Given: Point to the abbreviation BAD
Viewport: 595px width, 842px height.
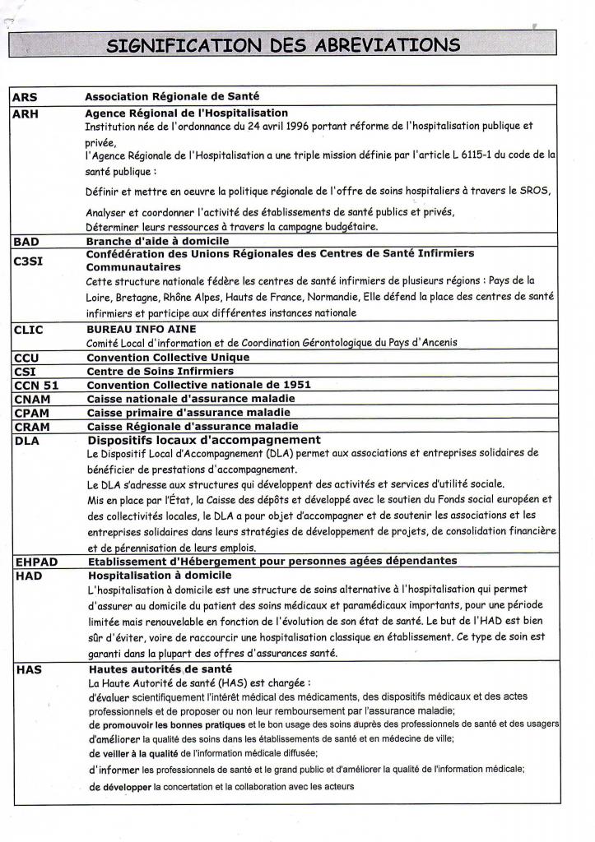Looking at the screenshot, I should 26,242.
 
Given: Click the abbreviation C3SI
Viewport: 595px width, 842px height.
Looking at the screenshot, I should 30,261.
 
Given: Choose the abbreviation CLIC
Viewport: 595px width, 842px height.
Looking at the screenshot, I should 29,330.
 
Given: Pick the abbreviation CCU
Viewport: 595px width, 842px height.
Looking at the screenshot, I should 26,358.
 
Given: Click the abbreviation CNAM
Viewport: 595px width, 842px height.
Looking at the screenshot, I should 31,399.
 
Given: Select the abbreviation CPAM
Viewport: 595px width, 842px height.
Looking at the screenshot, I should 31,413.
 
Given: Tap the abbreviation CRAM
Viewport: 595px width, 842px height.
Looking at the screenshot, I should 32,427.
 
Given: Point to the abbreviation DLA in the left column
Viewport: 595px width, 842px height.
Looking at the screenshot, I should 26,441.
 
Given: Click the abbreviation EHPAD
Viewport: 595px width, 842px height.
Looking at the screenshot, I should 35,562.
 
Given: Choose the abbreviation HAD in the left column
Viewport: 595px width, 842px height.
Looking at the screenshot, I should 28,576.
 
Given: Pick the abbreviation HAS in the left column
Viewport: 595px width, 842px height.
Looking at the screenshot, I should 28,670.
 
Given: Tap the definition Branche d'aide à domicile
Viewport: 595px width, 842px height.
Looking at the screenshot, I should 157,242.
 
